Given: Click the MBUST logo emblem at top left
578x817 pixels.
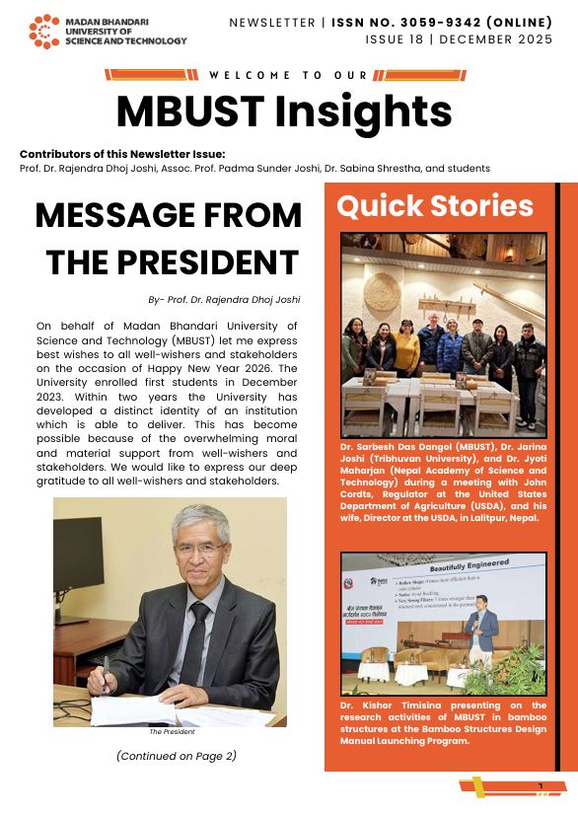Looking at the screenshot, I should tap(44, 32).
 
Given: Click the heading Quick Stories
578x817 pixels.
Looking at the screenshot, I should tap(435, 206).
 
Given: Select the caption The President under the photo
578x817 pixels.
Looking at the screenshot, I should tap(172, 731).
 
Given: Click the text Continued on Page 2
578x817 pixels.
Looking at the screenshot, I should tap(176, 756).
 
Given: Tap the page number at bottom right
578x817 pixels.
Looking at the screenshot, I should tap(541, 786).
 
